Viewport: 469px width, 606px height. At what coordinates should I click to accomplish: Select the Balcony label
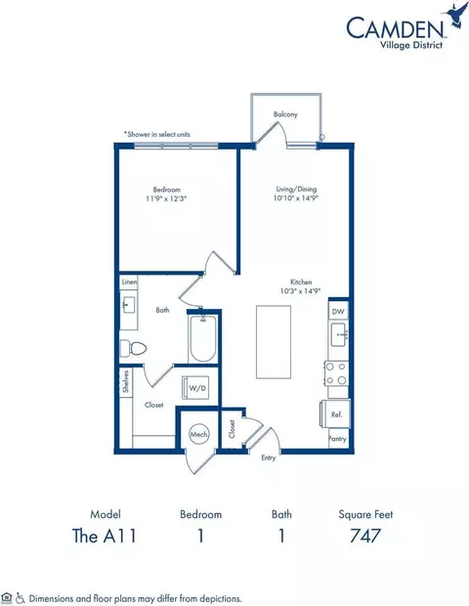[x=285, y=114]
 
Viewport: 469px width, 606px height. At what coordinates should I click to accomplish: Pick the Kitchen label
[x=287, y=281]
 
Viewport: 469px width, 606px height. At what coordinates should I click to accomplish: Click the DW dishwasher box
[x=339, y=312]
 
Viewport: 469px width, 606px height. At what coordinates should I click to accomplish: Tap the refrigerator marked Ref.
[x=336, y=414]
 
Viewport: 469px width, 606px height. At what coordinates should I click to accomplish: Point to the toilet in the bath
[x=133, y=347]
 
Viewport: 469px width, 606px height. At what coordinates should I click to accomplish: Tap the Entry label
[x=268, y=457]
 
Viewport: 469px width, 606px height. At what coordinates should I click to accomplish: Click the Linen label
[x=130, y=282]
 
